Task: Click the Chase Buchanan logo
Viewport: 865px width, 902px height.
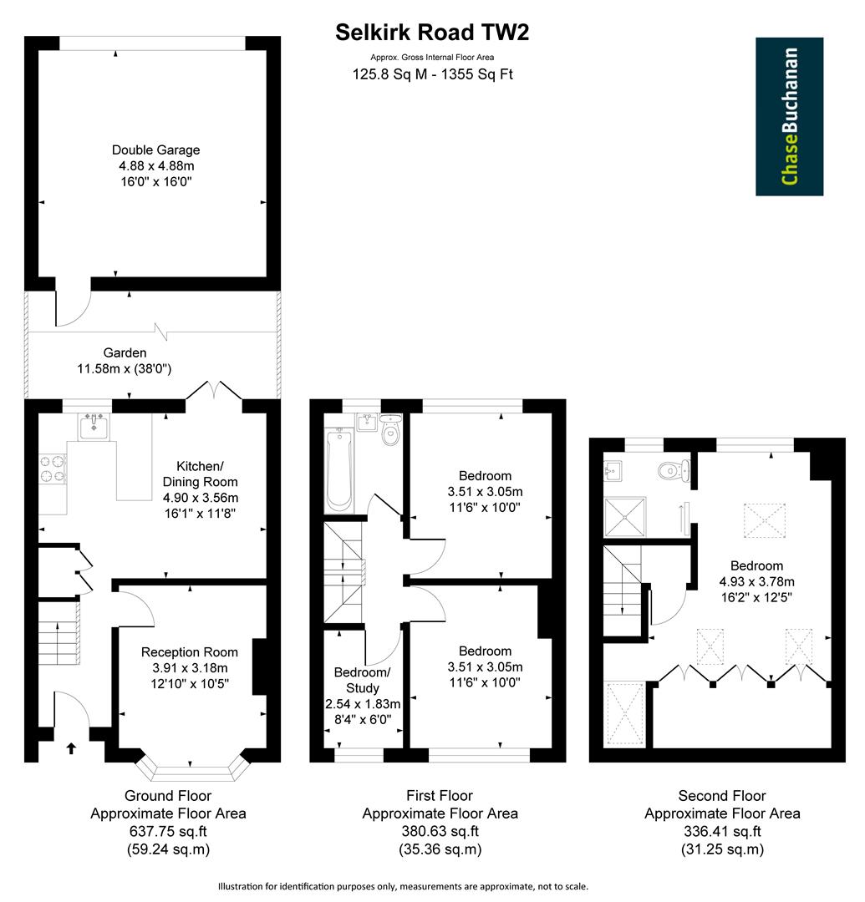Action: [x=789, y=116]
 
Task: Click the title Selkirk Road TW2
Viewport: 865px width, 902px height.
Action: [x=432, y=32]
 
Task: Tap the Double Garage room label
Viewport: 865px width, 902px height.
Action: [x=156, y=150]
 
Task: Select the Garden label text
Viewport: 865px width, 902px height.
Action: [x=125, y=353]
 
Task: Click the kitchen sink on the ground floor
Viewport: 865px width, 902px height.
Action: [x=94, y=426]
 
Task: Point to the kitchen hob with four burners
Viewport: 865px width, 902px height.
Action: [x=53, y=468]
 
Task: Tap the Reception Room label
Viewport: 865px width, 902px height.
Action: [x=189, y=652]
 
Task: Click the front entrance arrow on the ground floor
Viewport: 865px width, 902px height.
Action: [x=70, y=747]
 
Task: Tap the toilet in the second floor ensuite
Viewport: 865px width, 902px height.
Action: [x=672, y=472]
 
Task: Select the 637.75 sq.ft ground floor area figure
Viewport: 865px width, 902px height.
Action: [x=168, y=831]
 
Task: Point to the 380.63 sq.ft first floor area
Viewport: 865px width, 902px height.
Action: [x=440, y=831]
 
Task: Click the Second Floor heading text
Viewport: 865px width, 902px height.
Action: [x=722, y=796]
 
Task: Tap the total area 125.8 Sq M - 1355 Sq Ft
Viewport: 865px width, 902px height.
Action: [x=432, y=73]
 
